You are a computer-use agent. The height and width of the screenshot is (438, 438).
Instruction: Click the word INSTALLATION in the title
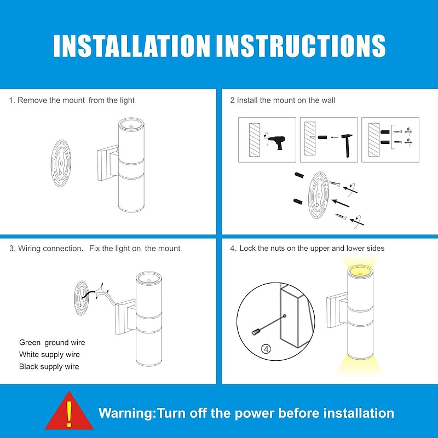[131, 46]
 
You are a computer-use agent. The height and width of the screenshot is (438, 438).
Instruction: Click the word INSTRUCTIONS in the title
[301, 46]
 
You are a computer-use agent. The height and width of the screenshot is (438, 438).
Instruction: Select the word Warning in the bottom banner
[126, 413]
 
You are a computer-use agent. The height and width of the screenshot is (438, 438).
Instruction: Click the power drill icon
[277, 142]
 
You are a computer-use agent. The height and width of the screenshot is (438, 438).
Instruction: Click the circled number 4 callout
[266, 349]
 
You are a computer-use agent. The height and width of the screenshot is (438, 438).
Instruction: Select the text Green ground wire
[52, 343]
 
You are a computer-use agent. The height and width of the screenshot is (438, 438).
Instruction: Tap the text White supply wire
[49, 354]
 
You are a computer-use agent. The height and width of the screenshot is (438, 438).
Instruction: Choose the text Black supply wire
[49, 366]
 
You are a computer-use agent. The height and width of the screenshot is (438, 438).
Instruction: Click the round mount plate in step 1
[61, 163]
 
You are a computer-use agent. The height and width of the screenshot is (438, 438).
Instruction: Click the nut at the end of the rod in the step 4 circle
[256, 332]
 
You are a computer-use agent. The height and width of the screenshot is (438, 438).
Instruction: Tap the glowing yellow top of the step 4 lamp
[360, 271]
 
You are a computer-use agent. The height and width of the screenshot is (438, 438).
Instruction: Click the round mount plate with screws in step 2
[319, 195]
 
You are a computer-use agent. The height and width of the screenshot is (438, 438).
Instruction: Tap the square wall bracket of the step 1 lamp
[108, 163]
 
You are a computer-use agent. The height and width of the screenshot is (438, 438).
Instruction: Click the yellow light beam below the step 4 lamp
[360, 366]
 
